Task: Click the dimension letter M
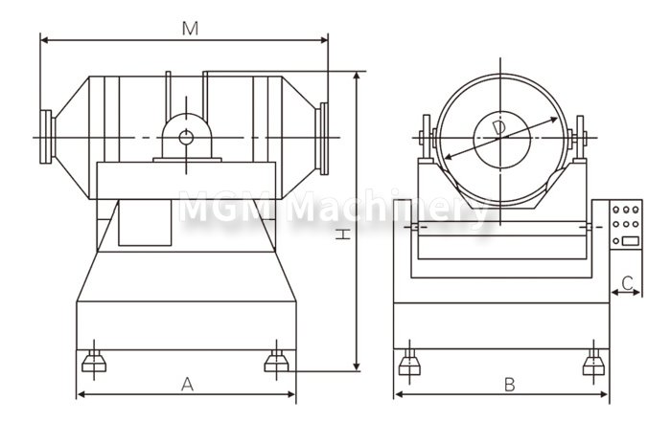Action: pos(190,28)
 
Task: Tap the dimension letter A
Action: pos(188,385)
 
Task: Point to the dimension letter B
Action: pos(509,385)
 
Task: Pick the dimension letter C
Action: pos(627,282)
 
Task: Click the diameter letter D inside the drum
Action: pos(499,128)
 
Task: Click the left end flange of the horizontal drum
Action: pos(47,137)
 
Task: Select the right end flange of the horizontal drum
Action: pos(322,139)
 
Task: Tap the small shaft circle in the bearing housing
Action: pos(186,138)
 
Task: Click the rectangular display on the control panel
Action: pos(631,241)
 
